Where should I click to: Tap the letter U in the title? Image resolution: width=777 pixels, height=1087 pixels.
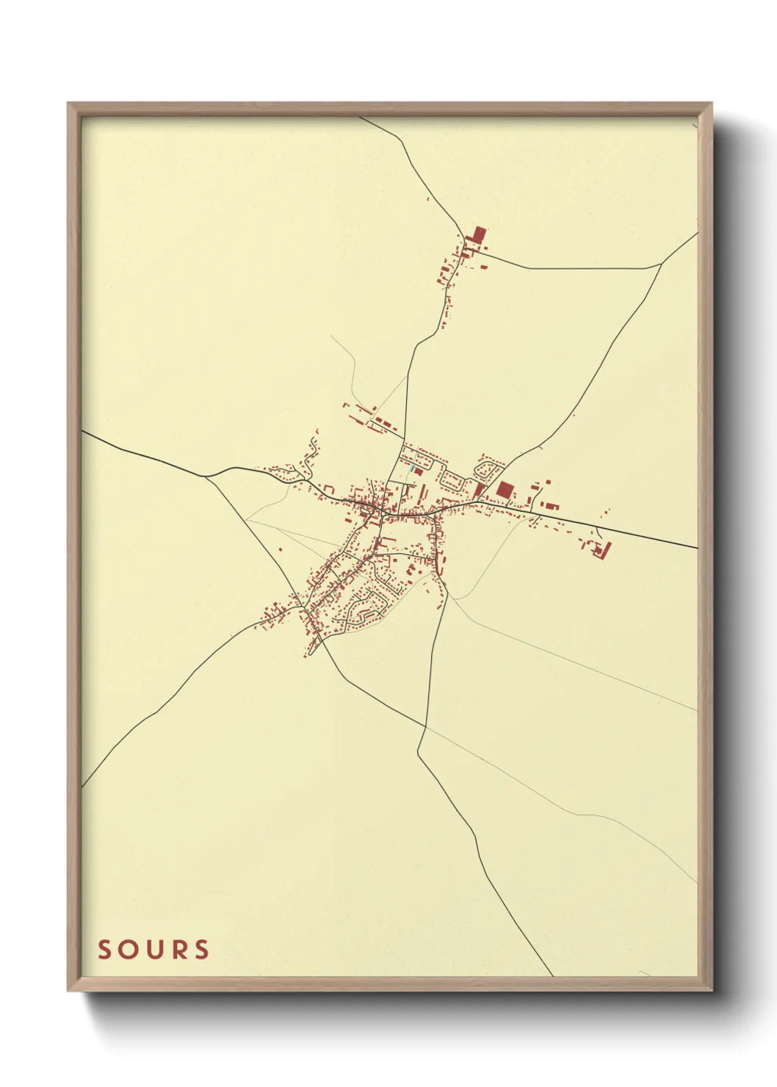(x=153, y=950)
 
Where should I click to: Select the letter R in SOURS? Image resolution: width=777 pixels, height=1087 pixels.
(x=177, y=950)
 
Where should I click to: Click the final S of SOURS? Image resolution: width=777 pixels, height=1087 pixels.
(x=200, y=950)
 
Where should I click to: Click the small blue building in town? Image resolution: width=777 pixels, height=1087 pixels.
(x=413, y=469)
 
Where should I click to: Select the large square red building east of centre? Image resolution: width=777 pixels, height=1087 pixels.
(x=505, y=489)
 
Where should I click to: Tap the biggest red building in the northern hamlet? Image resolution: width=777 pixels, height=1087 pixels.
(x=479, y=236)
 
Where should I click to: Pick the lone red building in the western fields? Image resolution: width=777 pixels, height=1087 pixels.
(x=280, y=548)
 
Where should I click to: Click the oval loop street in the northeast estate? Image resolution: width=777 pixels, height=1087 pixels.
(x=488, y=467)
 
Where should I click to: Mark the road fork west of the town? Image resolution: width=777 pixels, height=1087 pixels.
(x=206, y=476)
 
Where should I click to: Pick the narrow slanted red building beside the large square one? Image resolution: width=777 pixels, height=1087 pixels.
(x=480, y=490)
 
